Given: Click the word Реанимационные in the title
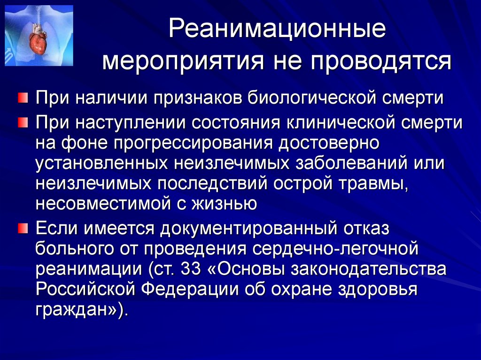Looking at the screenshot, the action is pos(277,29).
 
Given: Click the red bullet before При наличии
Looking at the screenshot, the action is pos(23,99).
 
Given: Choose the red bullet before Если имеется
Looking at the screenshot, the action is pos(23,228).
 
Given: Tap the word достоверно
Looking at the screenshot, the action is pos(329,143).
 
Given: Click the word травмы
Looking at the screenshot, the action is pos(373,184).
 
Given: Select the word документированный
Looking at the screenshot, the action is pos(248,229).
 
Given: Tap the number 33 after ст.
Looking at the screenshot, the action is pos(191,269).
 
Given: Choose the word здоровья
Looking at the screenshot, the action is pos(378,290).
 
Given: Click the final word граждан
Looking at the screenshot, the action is pos(70,310).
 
